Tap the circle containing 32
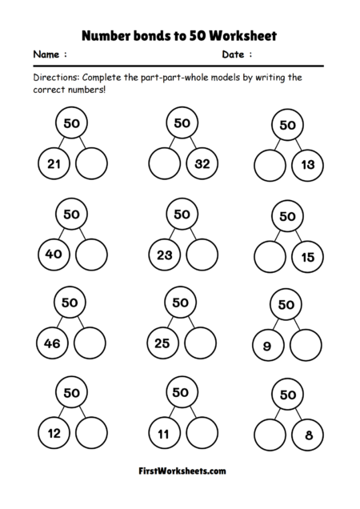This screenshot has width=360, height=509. (201, 165)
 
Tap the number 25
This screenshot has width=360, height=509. (163, 344)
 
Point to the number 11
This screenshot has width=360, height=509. (163, 434)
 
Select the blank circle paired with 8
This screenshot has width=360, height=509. (269, 436)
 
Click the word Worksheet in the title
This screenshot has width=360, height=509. (239, 36)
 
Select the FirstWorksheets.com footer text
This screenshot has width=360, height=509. (179, 472)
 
